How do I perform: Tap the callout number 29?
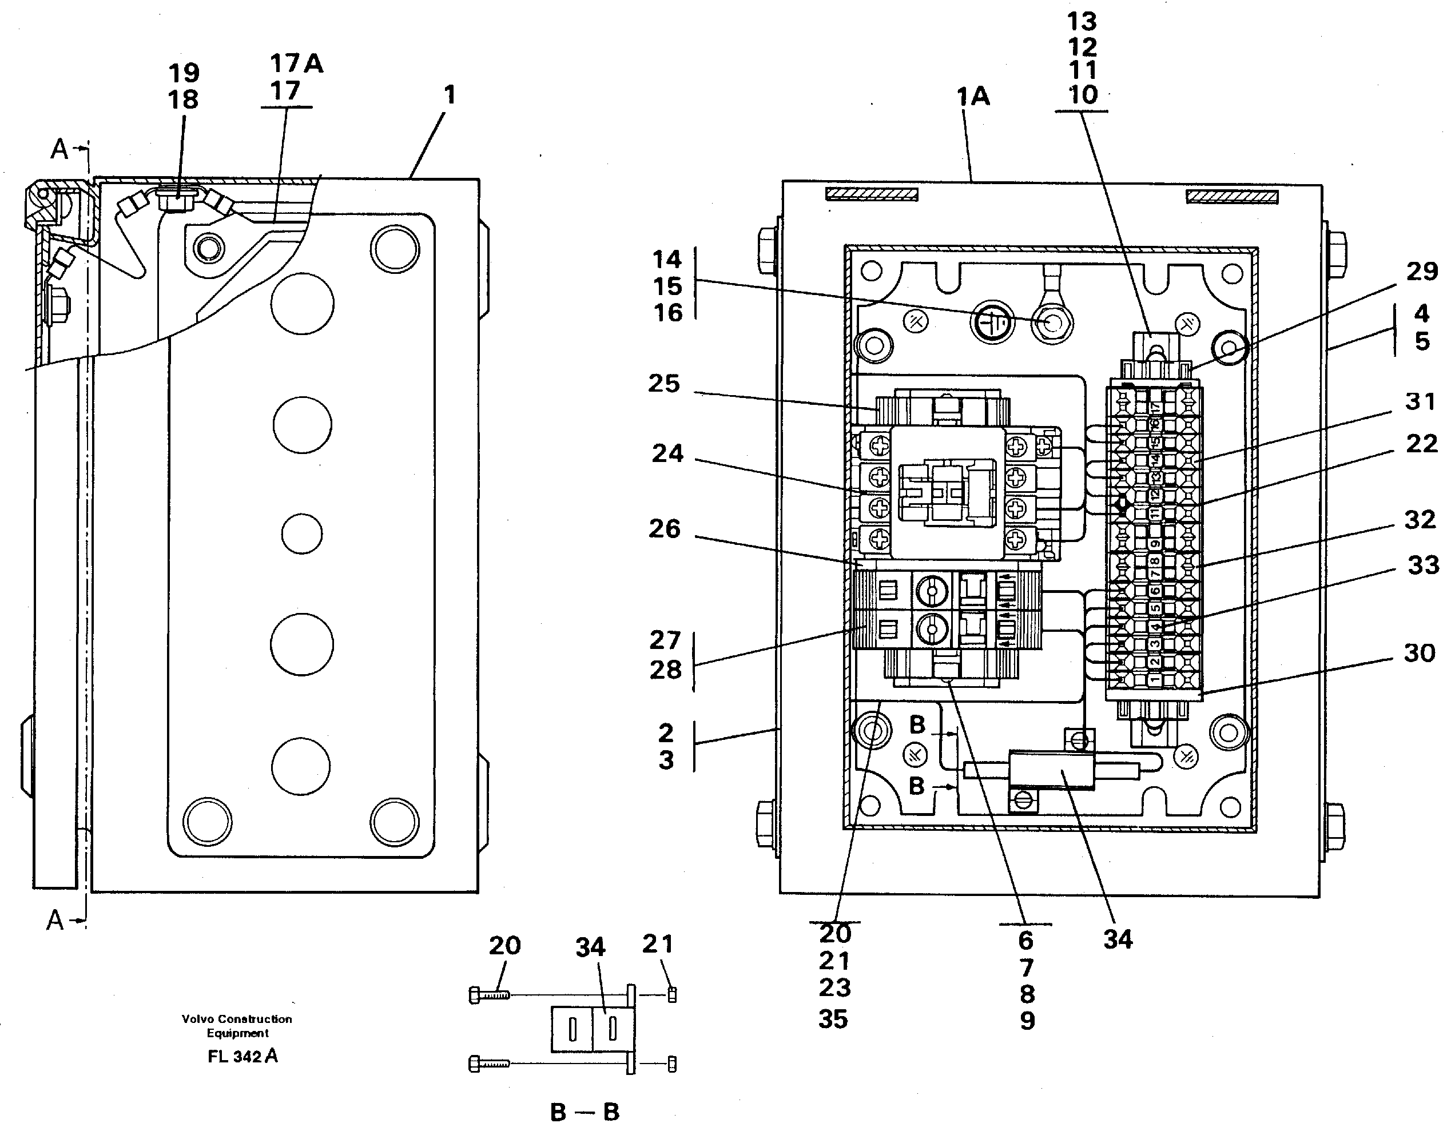1422,272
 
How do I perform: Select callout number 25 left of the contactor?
664,384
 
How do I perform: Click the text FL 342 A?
243,1057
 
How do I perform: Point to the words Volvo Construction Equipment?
237,1026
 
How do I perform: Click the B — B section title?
585,1112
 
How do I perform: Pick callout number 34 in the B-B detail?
590,947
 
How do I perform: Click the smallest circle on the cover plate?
302,533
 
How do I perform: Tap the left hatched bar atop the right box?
872,194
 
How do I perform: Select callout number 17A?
296,63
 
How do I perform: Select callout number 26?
664,529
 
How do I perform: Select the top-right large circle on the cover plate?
395,249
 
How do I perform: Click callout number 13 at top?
1082,22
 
